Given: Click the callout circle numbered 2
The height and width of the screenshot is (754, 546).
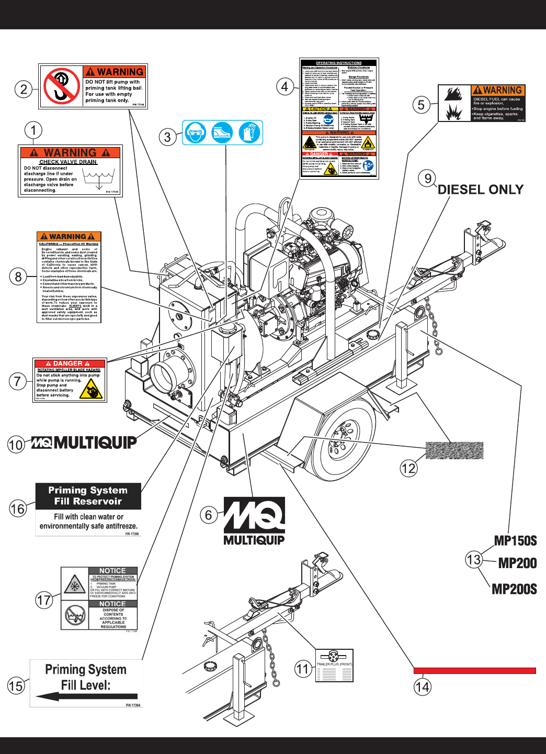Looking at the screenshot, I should [24, 89].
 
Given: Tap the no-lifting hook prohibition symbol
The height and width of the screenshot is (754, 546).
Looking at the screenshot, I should [61, 86].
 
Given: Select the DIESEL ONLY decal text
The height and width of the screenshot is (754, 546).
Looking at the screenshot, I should [480, 190].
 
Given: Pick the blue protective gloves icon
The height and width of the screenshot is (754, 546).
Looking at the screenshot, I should [249, 132].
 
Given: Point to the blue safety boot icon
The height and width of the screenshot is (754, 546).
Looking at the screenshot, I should [222, 132].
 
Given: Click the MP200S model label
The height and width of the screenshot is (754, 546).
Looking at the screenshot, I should [514, 589].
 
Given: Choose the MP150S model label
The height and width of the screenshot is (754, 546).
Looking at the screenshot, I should [515, 541].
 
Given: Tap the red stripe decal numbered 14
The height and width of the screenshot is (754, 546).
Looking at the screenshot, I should [474, 670].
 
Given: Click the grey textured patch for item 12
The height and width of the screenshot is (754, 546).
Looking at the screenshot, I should [454, 450].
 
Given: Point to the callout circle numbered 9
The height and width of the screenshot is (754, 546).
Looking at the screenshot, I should [428, 179].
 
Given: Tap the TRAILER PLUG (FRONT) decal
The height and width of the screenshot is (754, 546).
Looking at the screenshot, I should [334, 666].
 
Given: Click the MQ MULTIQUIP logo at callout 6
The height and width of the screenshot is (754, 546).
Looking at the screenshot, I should [254, 520].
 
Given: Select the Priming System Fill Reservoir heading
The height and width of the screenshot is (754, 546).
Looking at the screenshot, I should [88, 496].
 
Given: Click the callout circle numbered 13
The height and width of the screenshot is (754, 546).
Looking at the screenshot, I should [474, 560].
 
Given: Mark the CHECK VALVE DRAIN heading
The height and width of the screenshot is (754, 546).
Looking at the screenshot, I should [68, 162].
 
